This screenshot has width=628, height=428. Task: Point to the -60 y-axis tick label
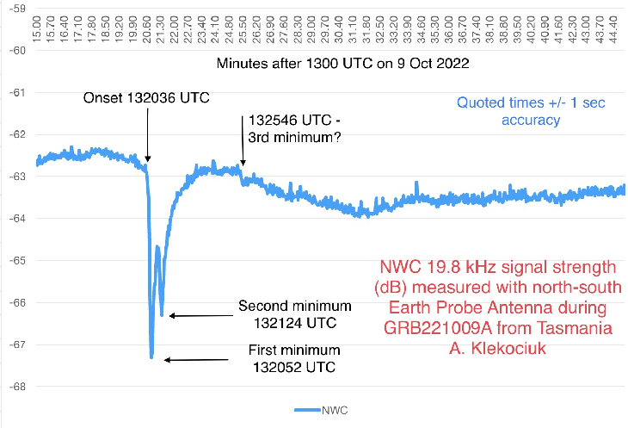click(x=18, y=50)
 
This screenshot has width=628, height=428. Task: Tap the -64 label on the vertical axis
click(x=18, y=218)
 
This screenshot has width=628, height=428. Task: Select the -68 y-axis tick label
click(x=18, y=386)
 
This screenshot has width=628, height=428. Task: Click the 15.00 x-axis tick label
click(x=37, y=24)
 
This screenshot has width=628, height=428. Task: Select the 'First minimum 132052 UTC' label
click(x=293, y=359)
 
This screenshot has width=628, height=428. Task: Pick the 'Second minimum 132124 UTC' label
click(x=295, y=315)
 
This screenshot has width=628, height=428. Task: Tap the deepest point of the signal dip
click(x=151, y=356)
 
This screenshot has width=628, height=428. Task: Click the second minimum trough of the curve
click(x=162, y=315)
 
